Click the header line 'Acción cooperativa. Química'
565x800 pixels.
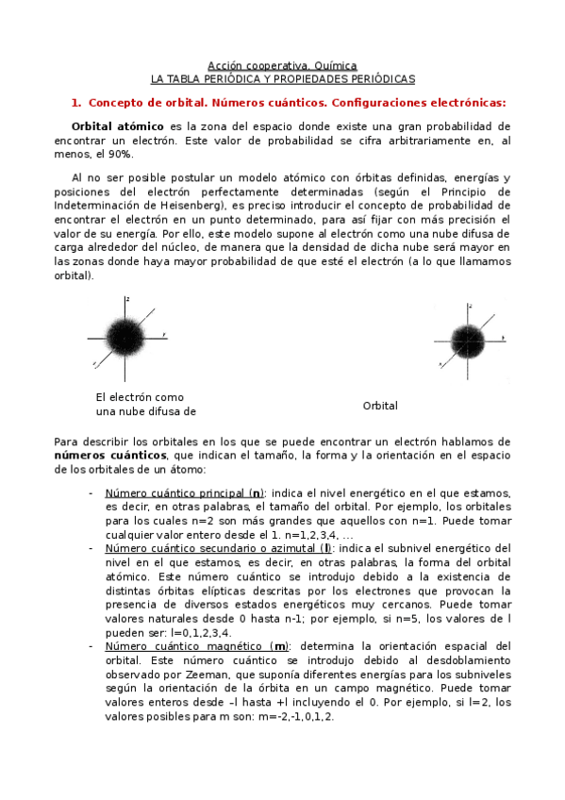point(282,67)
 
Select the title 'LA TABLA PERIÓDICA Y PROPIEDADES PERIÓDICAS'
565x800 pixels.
point(283,80)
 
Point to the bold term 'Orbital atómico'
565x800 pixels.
point(114,125)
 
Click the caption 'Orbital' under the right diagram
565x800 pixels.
point(380,406)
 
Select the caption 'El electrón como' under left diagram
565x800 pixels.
point(140,397)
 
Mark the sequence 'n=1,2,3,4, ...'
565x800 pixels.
point(294,534)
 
